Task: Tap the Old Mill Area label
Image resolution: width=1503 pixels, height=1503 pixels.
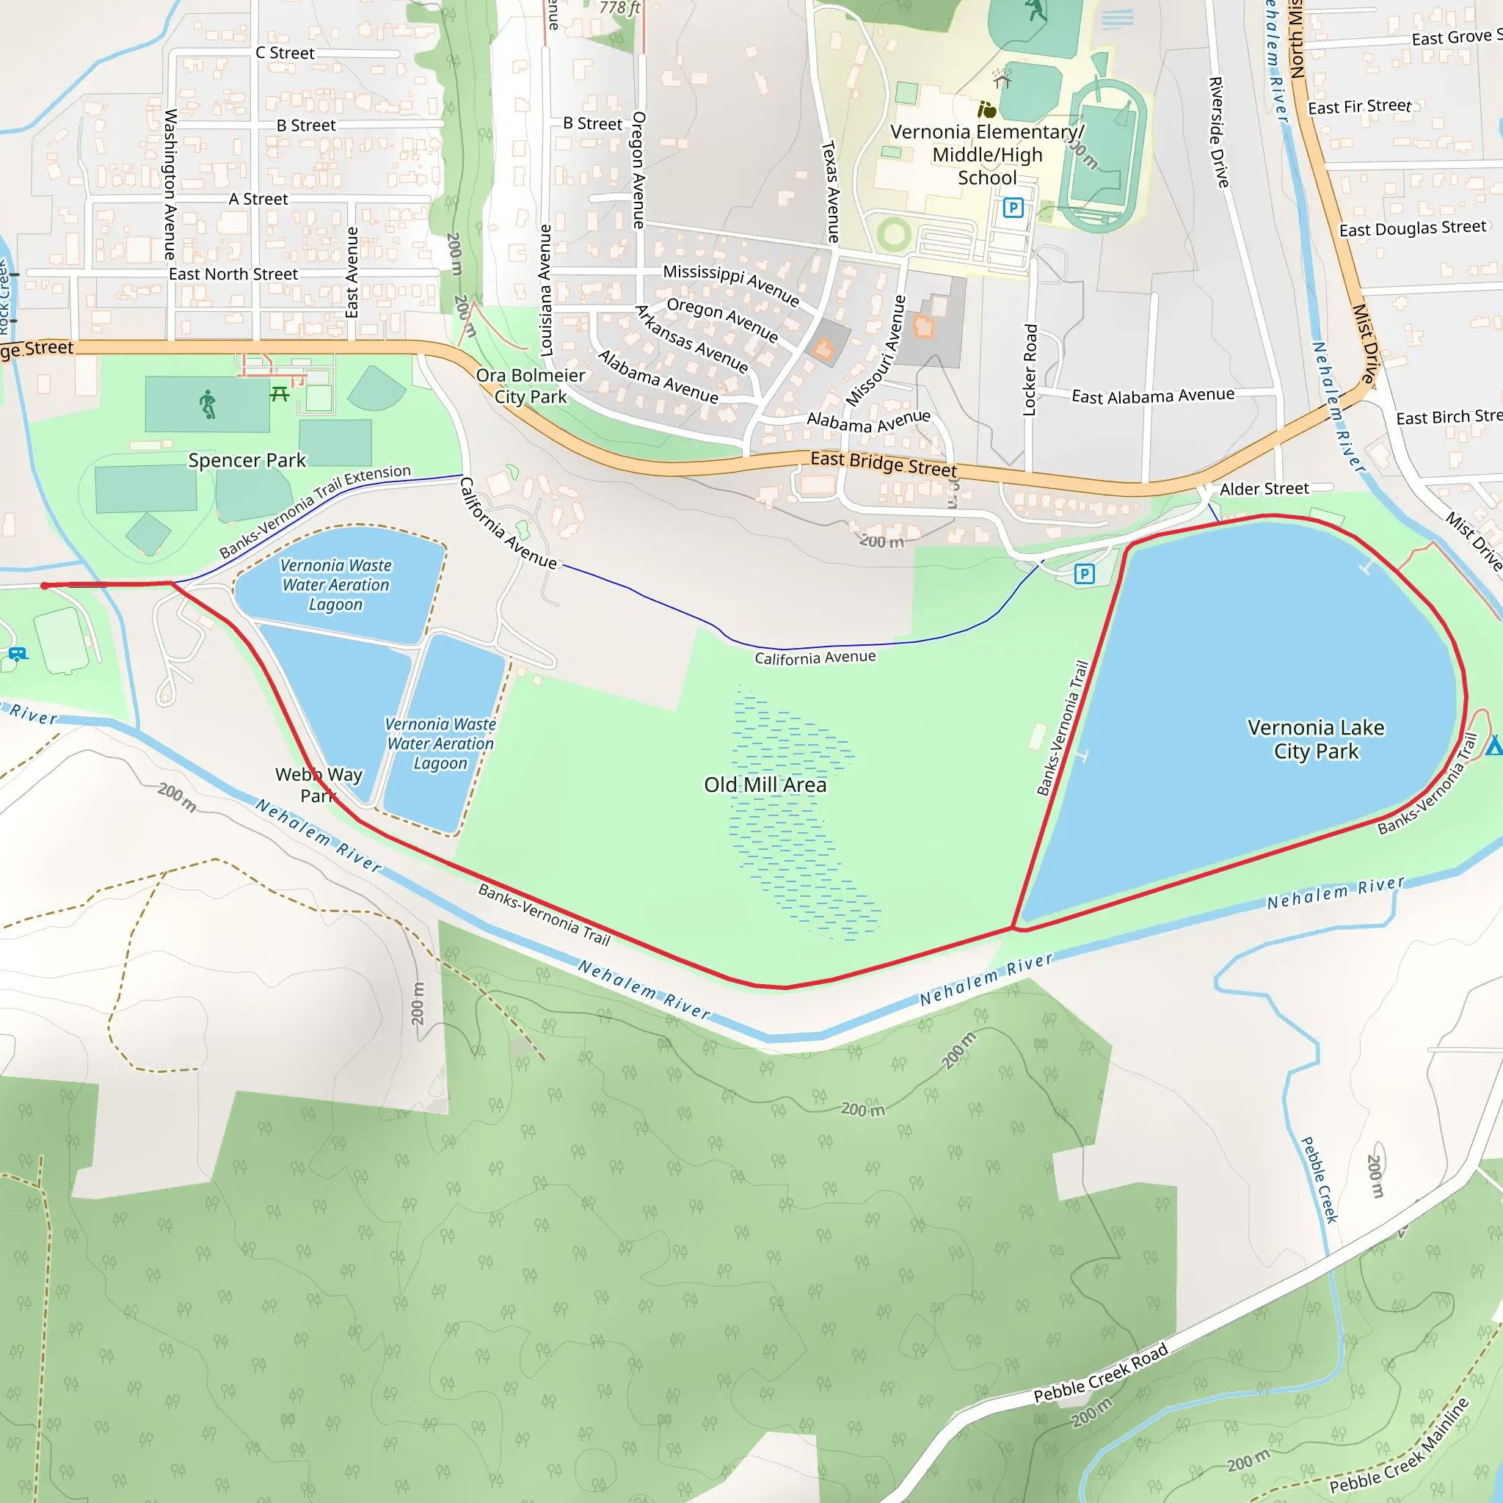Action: [x=765, y=785]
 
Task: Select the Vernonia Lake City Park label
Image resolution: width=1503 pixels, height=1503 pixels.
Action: [x=1316, y=739]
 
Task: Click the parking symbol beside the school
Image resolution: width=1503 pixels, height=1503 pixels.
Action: [x=1013, y=208]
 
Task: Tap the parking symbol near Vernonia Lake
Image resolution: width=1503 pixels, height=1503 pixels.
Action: [x=1085, y=574]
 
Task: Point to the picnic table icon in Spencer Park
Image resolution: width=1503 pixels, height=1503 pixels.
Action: [x=280, y=394]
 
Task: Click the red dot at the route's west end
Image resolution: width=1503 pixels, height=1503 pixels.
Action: [x=45, y=586]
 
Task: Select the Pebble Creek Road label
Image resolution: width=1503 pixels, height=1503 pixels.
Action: [x=1100, y=1373]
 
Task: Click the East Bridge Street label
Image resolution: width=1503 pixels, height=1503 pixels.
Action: [x=883, y=464]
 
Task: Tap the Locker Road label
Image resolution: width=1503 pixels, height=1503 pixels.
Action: [x=1030, y=370]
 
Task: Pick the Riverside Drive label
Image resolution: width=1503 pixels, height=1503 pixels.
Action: [x=1218, y=132]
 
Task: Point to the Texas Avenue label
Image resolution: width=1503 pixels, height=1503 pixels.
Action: [x=831, y=192]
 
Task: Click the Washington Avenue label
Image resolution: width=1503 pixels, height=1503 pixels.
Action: [x=170, y=183]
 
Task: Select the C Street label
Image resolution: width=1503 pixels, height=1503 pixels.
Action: [x=285, y=53]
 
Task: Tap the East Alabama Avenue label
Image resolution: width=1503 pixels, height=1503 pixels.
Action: [x=1152, y=396]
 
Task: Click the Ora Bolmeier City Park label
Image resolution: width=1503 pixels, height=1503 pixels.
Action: [x=531, y=386]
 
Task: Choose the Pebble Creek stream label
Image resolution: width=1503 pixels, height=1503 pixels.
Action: [x=1320, y=1179]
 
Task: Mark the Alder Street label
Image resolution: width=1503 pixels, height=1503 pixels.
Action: [x=1264, y=489]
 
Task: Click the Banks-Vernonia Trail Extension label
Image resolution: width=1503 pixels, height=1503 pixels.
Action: [x=314, y=510]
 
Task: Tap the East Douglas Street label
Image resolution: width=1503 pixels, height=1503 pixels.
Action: [x=1412, y=228]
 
